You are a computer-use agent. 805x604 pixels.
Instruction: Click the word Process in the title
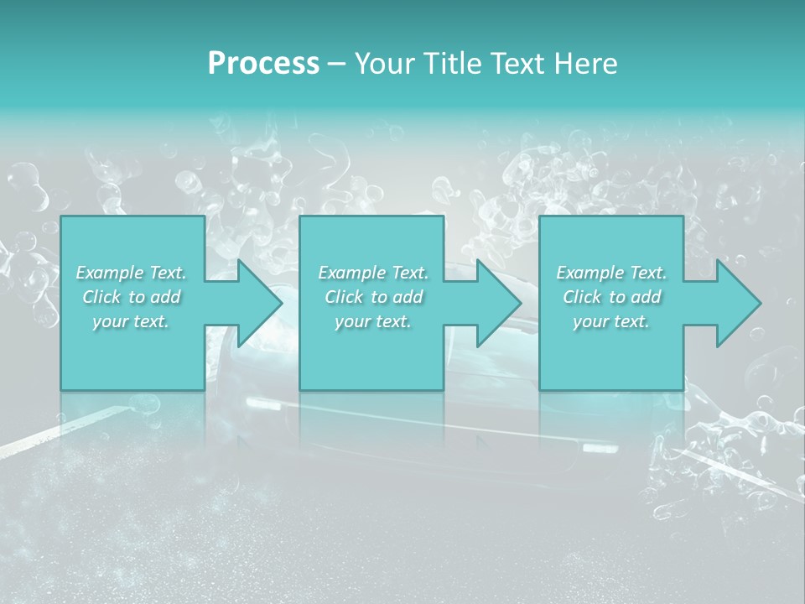(x=263, y=64)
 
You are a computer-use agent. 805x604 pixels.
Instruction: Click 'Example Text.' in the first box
(x=131, y=273)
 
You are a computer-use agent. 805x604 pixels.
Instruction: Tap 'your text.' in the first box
(x=131, y=321)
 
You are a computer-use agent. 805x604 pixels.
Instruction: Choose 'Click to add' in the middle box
(x=372, y=297)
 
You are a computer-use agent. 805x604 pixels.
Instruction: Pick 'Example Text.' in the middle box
(x=372, y=273)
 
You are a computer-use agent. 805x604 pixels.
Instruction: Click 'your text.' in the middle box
(x=372, y=321)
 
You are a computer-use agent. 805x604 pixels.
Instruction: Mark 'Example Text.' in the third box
(x=611, y=273)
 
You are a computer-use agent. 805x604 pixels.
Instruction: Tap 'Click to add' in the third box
(x=611, y=297)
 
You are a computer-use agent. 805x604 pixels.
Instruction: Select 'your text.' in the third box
(x=611, y=321)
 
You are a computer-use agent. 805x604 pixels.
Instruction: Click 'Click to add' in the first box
(x=131, y=297)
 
